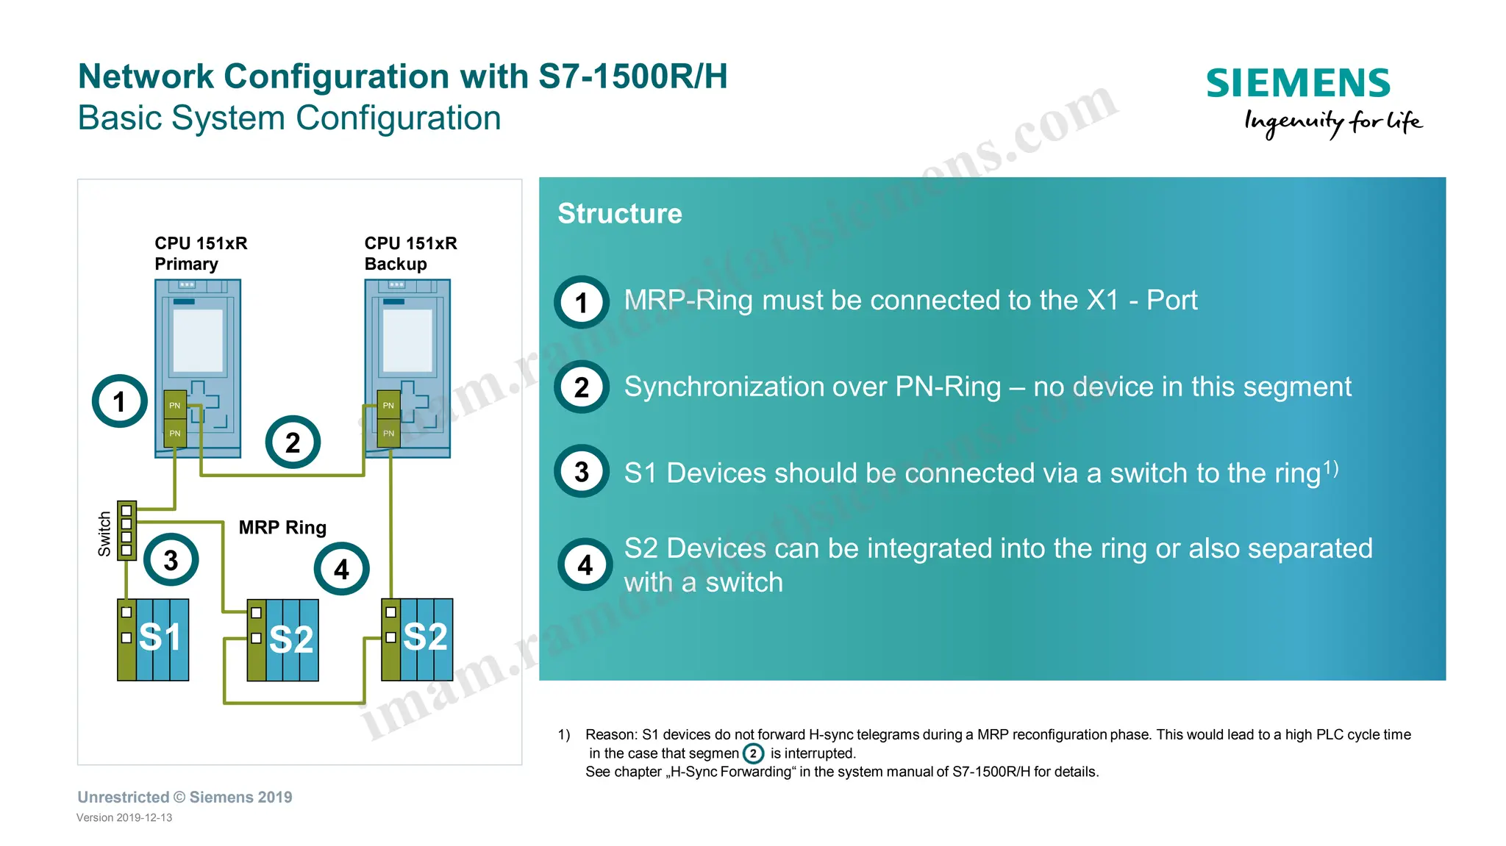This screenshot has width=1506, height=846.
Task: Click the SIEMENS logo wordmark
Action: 1298,83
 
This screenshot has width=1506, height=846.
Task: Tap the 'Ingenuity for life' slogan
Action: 1332,122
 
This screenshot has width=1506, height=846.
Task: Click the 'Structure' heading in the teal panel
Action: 619,213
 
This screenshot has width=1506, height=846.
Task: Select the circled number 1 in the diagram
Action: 120,401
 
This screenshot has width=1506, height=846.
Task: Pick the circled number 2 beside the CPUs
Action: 293,442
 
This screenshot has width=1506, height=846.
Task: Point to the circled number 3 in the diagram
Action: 171,560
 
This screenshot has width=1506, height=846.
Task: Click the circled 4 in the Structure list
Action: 585,564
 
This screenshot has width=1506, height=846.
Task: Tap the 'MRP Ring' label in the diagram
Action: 282,527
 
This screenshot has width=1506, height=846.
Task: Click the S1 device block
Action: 154,639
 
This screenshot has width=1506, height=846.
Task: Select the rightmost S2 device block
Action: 418,639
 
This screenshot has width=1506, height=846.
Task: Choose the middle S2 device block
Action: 284,639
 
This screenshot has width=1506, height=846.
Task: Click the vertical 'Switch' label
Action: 104,534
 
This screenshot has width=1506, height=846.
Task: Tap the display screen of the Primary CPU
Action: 197,340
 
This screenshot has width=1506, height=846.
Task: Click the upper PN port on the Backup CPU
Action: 388,405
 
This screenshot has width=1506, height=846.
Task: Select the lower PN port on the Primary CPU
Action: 174,434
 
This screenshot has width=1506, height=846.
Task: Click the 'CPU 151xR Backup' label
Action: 410,254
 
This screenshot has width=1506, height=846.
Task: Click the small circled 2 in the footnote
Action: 753,753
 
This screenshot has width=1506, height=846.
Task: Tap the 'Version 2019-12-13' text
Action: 124,817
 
